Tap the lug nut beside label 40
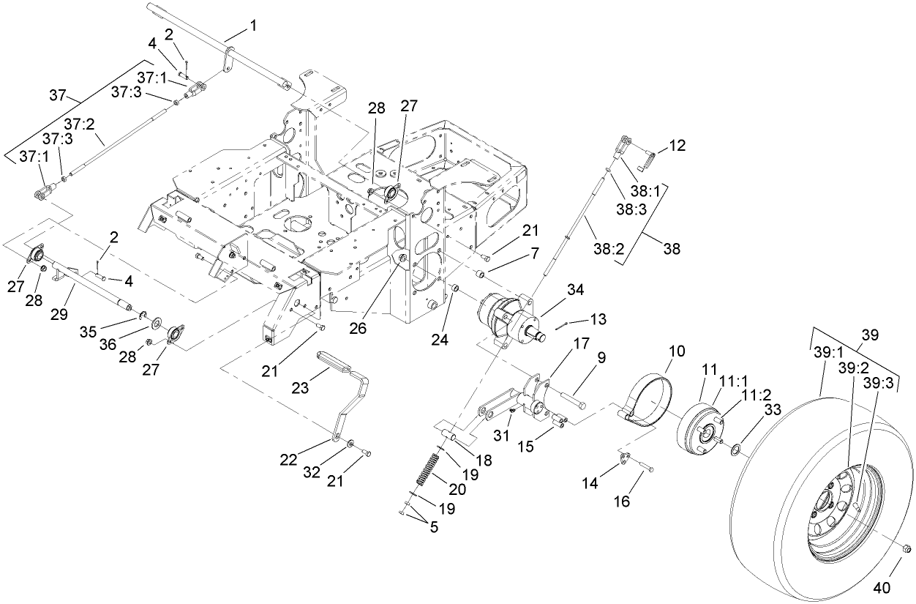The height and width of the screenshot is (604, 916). point(905,548)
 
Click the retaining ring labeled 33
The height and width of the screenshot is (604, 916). point(735,448)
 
